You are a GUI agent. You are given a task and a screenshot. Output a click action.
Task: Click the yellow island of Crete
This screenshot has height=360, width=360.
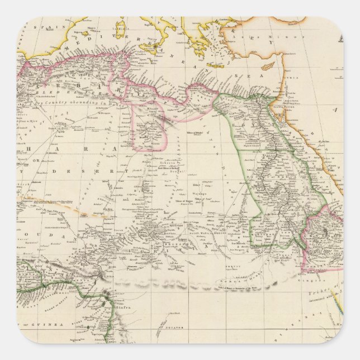pyautogui.click(x=215, y=65)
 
